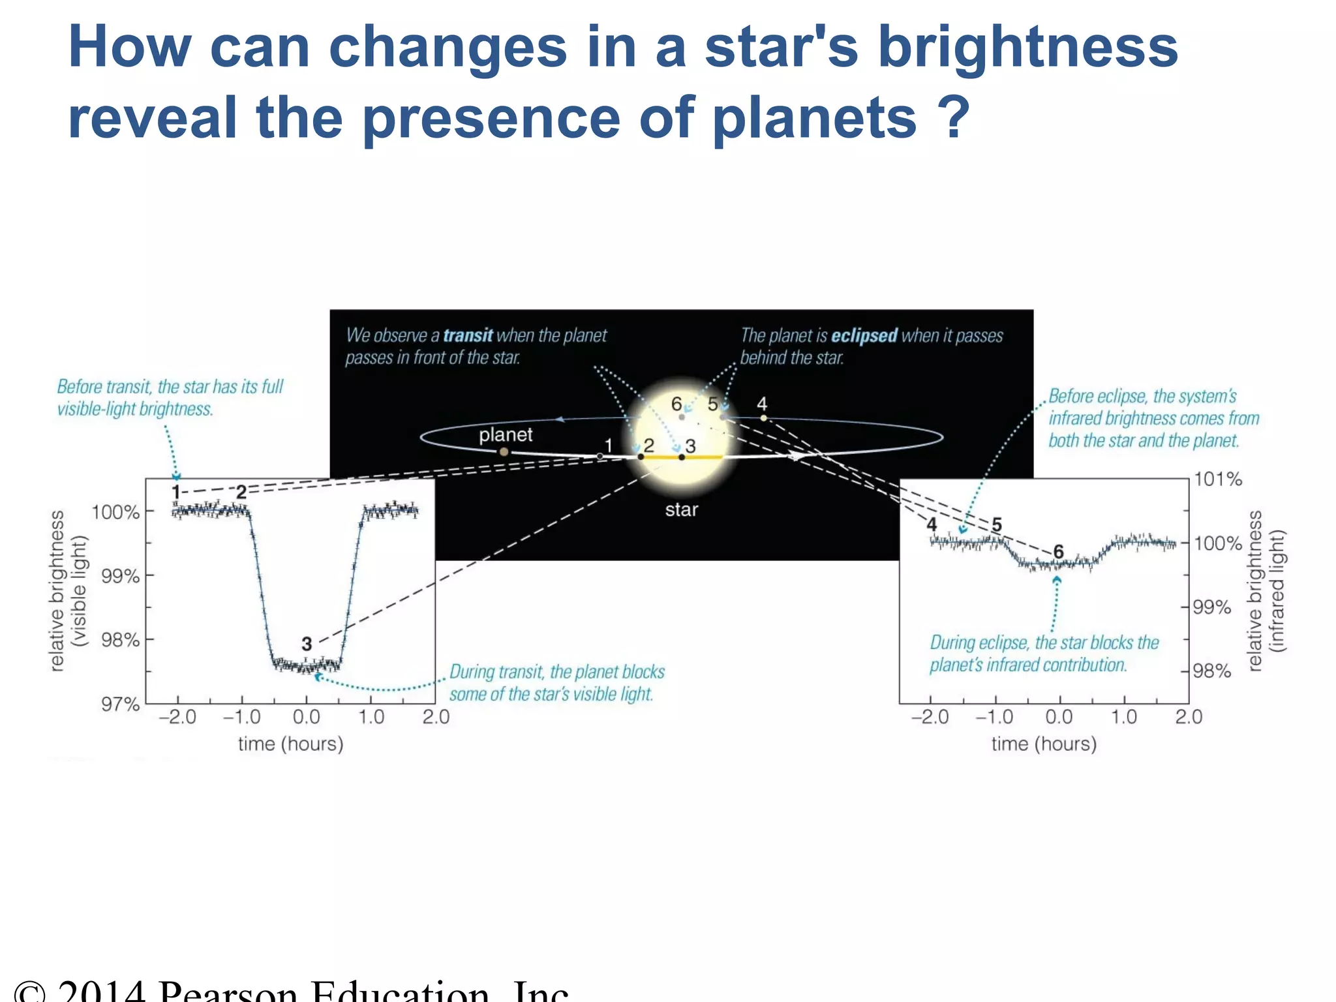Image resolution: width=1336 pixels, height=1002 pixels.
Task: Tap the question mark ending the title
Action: pyautogui.click(x=954, y=117)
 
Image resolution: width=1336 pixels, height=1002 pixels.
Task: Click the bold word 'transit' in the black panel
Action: pyautogui.click(x=468, y=335)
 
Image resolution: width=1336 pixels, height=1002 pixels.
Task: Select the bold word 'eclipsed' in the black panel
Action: pyautogui.click(x=864, y=335)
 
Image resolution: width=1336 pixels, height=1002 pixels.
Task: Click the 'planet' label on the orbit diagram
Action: pyautogui.click(x=506, y=434)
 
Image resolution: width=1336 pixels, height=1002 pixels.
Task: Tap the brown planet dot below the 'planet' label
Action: pyautogui.click(x=504, y=451)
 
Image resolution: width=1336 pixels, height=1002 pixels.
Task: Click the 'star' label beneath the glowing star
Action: pyautogui.click(x=681, y=509)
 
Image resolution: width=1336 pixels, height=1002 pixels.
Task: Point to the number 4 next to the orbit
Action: pyautogui.click(x=761, y=404)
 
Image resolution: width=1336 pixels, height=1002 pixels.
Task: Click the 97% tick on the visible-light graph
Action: pyautogui.click(x=121, y=704)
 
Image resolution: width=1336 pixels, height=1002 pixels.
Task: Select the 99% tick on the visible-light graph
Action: pyautogui.click(x=121, y=576)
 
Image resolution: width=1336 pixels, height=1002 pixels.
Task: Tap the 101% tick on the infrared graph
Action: pyautogui.click(x=1217, y=479)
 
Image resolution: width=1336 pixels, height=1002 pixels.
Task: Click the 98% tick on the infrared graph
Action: pyautogui.click(x=1212, y=671)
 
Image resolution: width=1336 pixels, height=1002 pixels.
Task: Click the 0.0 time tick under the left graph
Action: pyautogui.click(x=306, y=717)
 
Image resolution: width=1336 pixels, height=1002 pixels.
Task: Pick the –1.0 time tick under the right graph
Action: pyautogui.click(x=994, y=717)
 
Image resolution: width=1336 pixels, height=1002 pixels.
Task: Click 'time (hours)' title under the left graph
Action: pyautogui.click(x=290, y=744)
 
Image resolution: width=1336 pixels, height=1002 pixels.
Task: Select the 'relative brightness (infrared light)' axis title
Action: pyautogui.click(x=1266, y=590)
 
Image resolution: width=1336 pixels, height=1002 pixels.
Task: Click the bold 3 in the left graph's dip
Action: pyautogui.click(x=307, y=644)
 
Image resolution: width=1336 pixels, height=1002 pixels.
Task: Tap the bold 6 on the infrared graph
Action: pyautogui.click(x=1058, y=552)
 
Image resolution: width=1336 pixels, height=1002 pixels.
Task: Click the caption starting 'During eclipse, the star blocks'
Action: pyautogui.click(x=1043, y=654)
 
